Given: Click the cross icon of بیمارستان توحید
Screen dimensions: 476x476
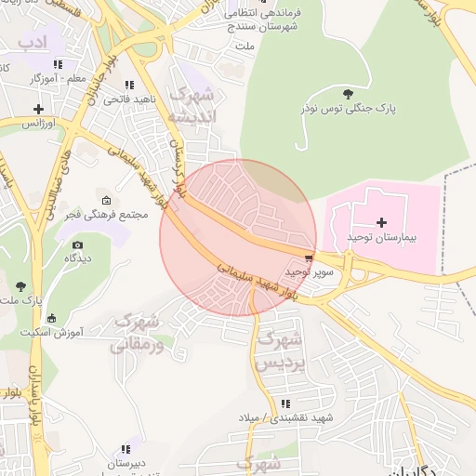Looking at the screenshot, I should pos(382,222).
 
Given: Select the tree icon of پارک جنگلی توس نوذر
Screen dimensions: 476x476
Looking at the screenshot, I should pos(348,93).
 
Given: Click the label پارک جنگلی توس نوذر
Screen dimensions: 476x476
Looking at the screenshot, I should pos(352,109).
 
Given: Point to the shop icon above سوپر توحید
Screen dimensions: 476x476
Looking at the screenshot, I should pos(309,258).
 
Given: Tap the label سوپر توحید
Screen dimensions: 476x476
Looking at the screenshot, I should pos(309,272).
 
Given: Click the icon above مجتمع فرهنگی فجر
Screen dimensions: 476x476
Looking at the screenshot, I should pos(106,201).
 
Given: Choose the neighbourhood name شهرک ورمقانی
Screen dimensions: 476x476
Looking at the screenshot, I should pos(136,333).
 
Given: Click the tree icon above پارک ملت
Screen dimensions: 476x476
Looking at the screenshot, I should pos(20,285).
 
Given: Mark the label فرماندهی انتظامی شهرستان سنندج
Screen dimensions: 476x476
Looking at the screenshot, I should pos(276,20).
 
